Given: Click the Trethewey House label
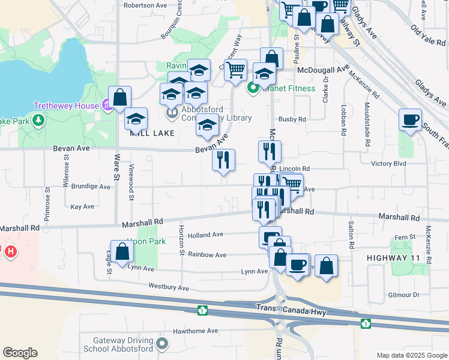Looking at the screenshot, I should [65, 106].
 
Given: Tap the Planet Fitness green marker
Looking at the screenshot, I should [253, 89].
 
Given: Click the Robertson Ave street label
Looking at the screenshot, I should [145, 5].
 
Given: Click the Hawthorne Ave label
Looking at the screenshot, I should [195, 331].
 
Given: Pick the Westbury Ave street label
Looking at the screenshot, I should [169, 287].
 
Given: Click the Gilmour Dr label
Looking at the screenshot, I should [403, 295].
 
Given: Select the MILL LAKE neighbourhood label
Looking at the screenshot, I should [153, 133].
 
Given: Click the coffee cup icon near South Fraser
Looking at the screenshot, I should [411, 120].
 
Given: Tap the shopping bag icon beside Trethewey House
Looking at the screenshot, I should [120, 97].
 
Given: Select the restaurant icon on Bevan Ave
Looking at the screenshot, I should [223, 160].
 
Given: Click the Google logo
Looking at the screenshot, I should [20, 353].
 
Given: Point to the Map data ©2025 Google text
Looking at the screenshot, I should [411, 355].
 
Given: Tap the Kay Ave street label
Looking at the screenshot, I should [82, 206].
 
